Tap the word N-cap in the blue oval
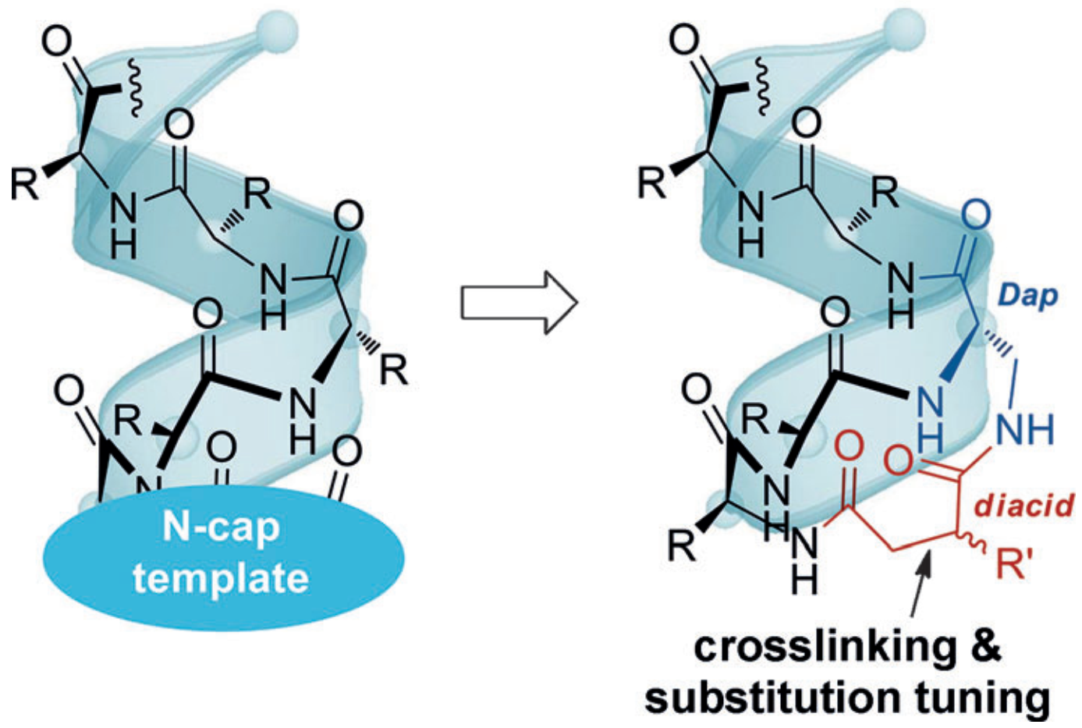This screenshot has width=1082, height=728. click(221, 527)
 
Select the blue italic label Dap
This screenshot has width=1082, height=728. click(1028, 296)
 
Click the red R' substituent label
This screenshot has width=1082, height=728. click(1015, 563)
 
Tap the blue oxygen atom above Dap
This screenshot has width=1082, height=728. click(976, 215)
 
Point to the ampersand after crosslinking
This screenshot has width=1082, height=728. click(986, 647)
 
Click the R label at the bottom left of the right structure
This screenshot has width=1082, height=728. click(681, 547)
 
